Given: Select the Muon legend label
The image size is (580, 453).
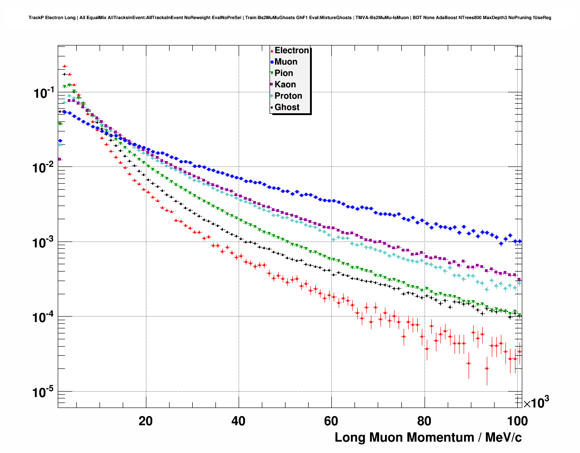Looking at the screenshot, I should click(286, 62).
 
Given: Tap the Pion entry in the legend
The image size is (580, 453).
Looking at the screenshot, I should click(284, 73).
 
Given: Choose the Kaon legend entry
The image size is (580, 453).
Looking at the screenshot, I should click(285, 85).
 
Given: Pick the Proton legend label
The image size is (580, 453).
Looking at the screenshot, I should click(288, 96).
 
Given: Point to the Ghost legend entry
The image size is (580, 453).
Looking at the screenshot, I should click(287, 107).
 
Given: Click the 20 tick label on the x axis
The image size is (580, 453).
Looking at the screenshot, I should click(146, 421).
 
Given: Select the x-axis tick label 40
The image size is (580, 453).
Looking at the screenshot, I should click(238, 421).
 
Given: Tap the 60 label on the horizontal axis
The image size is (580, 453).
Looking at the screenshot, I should click(331, 421).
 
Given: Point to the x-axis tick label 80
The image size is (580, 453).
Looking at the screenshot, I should click(424, 421).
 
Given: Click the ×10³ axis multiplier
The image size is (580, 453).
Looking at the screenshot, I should click(536, 403).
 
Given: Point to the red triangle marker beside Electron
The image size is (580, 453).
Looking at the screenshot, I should click(272, 51).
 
